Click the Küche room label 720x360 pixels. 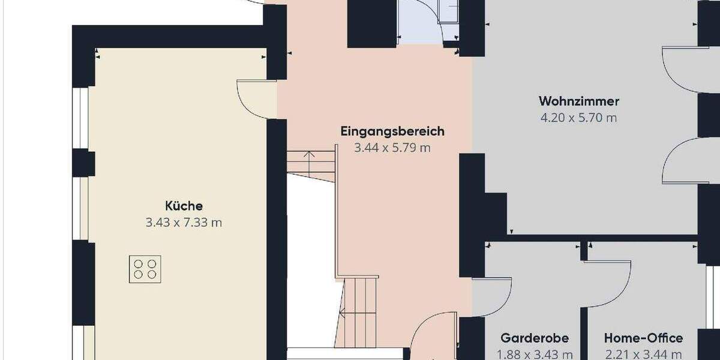click(x=184, y=206)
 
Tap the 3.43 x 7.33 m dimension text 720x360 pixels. click(x=184, y=223)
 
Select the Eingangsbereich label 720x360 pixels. click(x=392, y=131)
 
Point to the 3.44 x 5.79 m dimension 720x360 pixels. click(x=392, y=148)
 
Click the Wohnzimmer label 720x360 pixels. click(x=578, y=101)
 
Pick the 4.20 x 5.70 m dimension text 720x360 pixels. click(x=578, y=118)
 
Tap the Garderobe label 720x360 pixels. click(x=535, y=338)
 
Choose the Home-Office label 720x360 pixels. click(x=643, y=338)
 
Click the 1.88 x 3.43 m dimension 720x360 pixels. click(x=535, y=355)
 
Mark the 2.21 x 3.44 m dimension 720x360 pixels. click(x=643, y=355)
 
